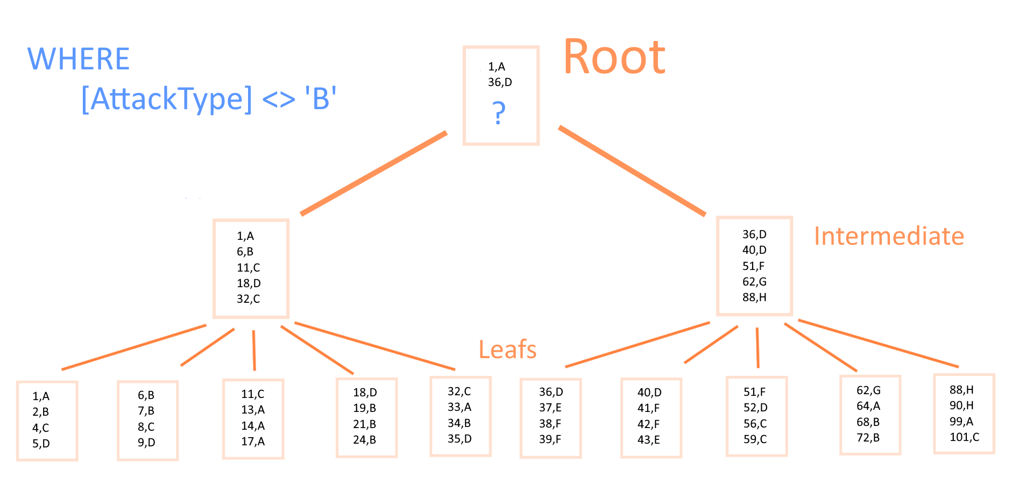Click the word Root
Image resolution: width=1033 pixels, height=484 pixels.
pos(614,57)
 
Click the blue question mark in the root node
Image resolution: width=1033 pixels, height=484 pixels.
pos(499,113)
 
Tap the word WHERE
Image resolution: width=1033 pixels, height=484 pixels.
pos(79,59)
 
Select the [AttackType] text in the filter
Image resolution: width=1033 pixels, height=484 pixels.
pos(166,99)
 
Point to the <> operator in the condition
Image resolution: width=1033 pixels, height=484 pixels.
pos(279,99)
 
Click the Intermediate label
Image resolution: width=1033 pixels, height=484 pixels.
pos(889,236)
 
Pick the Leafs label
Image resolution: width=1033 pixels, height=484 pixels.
pos(507,350)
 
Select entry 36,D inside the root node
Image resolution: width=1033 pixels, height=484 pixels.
pos(500,82)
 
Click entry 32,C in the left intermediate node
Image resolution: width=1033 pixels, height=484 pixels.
pos(248,299)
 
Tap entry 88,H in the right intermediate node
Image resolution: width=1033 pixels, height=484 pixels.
pos(754,297)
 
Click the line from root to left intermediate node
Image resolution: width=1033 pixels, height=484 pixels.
pos(373,173)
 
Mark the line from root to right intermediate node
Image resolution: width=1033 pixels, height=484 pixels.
pos(632,171)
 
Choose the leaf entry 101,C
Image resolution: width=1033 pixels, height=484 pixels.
pos(964,437)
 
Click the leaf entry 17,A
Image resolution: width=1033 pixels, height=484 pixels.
pos(253,442)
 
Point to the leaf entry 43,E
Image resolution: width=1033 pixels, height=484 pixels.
pos(649,440)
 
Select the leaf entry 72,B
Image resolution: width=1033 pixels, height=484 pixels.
pos(868,438)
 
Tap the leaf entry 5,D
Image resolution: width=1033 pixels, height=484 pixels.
pos(41,444)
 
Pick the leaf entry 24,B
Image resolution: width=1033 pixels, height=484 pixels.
pos(364,440)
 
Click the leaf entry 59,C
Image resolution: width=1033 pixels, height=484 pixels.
pos(755,439)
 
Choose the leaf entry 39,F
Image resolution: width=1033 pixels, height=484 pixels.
pos(550,439)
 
